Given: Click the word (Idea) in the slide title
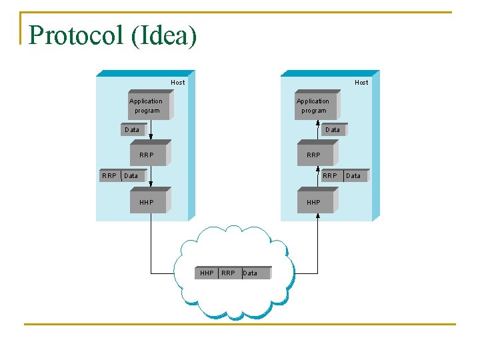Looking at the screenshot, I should [x=164, y=36].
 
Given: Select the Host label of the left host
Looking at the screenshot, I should [x=178, y=83].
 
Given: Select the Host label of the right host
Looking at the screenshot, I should [x=361, y=83].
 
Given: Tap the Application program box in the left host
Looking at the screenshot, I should [x=147, y=106].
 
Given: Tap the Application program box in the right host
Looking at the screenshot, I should [x=313, y=106].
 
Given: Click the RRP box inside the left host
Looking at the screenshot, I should [x=147, y=155].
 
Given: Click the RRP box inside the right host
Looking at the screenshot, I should [x=313, y=155].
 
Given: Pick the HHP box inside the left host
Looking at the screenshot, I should [x=147, y=202].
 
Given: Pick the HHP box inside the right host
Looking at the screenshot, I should [x=313, y=202].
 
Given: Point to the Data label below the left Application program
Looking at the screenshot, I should [x=132, y=130].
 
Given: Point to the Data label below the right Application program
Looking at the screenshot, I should [x=333, y=130].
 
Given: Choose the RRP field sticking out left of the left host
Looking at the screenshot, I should [x=109, y=176].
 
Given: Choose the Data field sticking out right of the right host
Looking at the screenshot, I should [x=353, y=176].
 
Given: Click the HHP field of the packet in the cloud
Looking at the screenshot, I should [x=207, y=273].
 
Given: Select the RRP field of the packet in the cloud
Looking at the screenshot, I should [x=228, y=273].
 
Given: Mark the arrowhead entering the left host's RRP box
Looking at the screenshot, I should [x=151, y=137].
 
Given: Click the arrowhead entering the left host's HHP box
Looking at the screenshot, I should [x=151, y=184].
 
